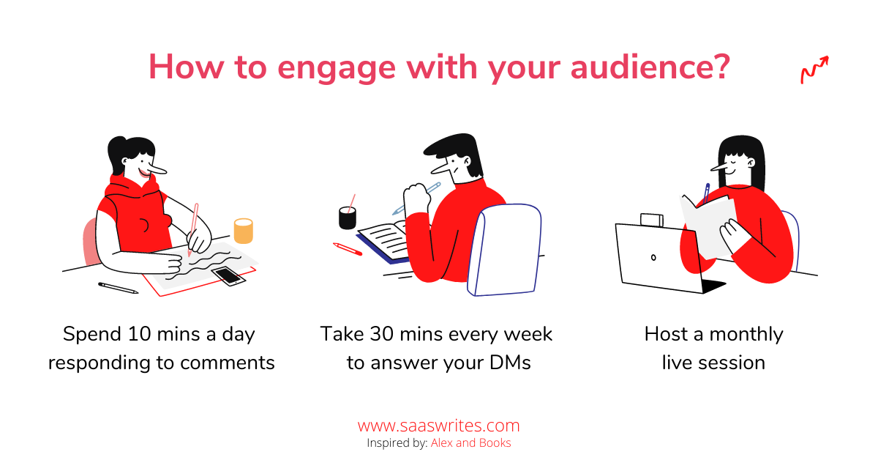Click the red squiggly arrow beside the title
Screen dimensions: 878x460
tap(814, 70)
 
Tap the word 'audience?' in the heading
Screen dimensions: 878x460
tap(650, 67)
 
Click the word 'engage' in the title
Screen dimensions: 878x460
tap(337, 69)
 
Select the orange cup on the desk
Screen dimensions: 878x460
tap(244, 231)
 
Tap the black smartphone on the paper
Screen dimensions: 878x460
tap(228, 275)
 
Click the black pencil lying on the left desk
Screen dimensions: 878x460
tap(118, 288)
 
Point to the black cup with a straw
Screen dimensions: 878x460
tap(348, 215)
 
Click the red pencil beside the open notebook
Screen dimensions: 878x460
tap(348, 249)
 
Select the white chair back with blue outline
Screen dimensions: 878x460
tap(504, 250)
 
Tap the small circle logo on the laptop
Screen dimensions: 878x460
tap(653, 258)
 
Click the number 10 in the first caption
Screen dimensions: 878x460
tap(139, 334)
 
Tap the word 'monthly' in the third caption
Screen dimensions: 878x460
tap(746, 335)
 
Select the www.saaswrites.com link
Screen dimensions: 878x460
tap(438, 426)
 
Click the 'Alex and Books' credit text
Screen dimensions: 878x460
tap(470, 442)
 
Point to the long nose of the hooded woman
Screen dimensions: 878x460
tap(156, 168)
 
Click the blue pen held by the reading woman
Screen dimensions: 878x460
tap(706, 193)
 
